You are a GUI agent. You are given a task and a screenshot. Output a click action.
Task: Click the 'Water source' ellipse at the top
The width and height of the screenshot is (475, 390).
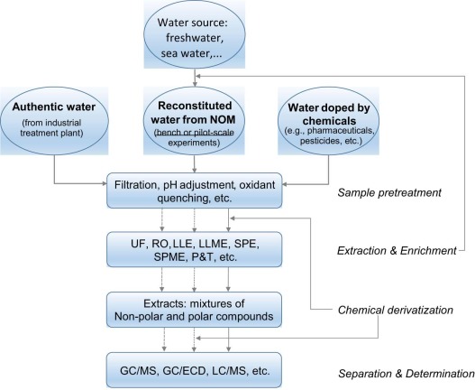tap(194, 34)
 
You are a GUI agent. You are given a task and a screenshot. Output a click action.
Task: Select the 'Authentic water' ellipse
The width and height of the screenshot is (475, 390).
tap(54, 121)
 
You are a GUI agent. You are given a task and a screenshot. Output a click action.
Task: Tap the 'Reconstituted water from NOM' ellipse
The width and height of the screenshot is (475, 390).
tap(194, 121)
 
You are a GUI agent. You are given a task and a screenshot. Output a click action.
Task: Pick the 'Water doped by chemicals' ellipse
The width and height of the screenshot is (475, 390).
tap(329, 121)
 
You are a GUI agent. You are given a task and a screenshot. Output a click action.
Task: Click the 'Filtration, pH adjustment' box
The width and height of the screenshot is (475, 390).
tap(194, 190)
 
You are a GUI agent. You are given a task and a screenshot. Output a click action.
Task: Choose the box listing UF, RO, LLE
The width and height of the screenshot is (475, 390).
tap(194, 249)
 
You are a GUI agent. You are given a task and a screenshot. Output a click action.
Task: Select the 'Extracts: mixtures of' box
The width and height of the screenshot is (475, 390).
tap(194, 310)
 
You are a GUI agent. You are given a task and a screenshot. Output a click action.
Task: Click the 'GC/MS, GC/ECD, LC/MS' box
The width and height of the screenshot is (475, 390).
tap(194, 370)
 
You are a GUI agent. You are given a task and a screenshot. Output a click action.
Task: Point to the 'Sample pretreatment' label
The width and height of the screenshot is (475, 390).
tap(389, 192)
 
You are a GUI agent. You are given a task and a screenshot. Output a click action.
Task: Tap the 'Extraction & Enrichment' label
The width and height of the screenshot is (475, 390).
tap(397, 251)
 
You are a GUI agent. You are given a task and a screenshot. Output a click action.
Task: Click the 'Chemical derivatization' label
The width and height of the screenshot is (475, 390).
tap(396, 310)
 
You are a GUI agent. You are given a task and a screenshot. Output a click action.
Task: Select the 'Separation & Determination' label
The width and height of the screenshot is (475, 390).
tap(406, 374)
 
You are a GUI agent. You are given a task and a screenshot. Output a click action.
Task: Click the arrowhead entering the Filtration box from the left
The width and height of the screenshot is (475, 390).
tap(105, 183)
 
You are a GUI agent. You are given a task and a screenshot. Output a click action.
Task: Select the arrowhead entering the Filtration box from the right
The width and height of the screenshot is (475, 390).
tap(285, 184)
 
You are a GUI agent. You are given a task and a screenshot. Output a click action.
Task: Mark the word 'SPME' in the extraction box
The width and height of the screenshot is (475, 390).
tap(169, 257)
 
